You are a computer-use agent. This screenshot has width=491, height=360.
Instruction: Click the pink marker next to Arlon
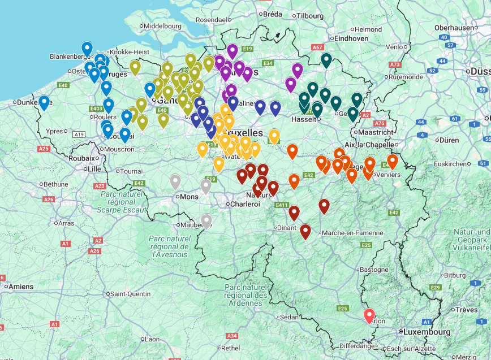tap(369, 315)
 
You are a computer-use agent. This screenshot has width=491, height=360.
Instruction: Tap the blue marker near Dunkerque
tap(44, 102)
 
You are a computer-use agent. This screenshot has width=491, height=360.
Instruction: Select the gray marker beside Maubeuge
tap(206, 220)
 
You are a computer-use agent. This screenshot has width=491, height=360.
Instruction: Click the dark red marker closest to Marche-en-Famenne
tap(324, 206)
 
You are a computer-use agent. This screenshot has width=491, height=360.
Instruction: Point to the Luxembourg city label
tap(427, 332)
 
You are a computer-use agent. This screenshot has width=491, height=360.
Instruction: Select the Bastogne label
tap(374, 270)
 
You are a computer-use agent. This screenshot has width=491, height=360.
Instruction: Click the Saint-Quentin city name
tap(131, 294)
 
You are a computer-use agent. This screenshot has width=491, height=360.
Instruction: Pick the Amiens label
tap(21, 287)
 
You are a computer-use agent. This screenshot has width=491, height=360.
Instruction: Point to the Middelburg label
tap(162, 26)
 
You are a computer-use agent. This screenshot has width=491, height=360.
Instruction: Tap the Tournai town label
tap(131, 171)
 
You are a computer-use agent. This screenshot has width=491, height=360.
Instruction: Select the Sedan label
tap(288, 317)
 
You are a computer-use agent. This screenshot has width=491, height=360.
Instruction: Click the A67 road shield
tap(318, 47)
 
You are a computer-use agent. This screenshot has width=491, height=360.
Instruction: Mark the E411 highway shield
tap(281, 205)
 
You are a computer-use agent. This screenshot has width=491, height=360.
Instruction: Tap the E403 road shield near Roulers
tap(96, 108)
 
